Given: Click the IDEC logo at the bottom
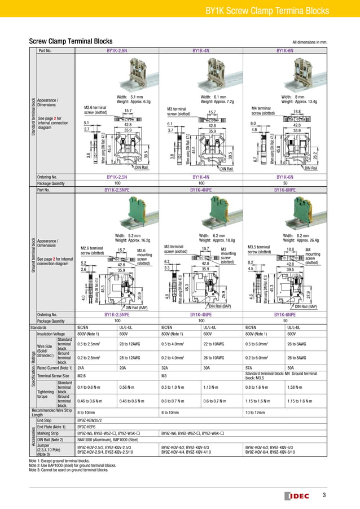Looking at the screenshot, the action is click(299, 495).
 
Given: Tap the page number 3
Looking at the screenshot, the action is click(324, 495).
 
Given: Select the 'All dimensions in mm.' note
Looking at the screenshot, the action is click(310, 42).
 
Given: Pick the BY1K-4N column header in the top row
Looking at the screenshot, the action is click(201, 51).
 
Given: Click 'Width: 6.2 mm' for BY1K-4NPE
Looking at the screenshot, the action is click(213, 235).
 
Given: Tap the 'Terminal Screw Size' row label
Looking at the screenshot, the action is click(52, 375).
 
